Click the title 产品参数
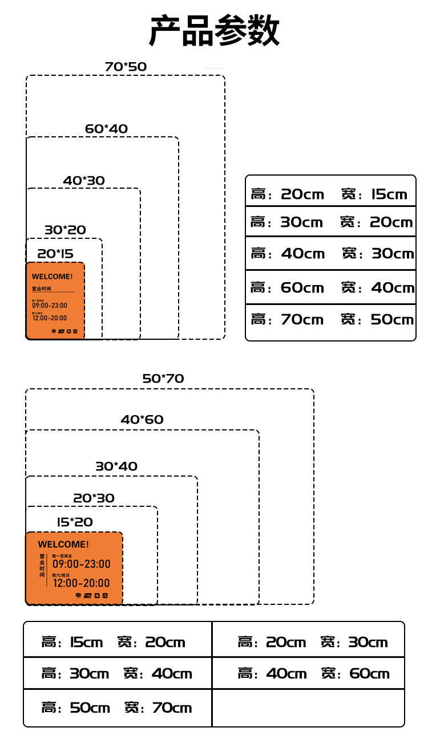(x=214, y=31)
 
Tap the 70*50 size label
(x=126, y=67)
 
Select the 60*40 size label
(x=106, y=129)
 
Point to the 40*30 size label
(x=84, y=181)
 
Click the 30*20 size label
(x=65, y=230)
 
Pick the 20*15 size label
(x=55, y=254)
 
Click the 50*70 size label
(x=163, y=379)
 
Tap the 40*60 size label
(x=142, y=420)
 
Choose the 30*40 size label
(x=116, y=466)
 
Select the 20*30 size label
(x=94, y=498)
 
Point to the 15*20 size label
(x=75, y=522)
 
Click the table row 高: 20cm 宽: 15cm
(x=330, y=194)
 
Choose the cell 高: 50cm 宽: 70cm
(x=116, y=708)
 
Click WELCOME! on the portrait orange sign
(x=53, y=277)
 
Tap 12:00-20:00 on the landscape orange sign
(x=81, y=583)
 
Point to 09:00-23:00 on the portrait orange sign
(x=50, y=306)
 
